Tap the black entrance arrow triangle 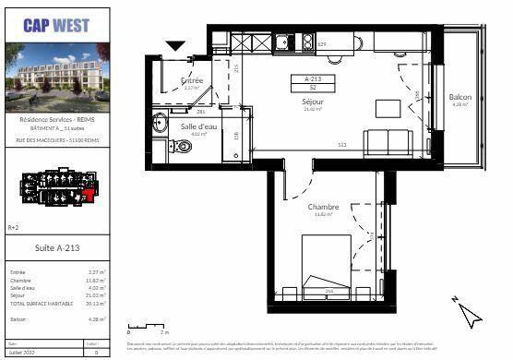pyautogui.click(x=175, y=45)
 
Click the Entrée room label pyautogui.click(x=192, y=81)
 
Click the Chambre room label pyautogui.click(x=324, y=208)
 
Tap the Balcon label pyautogui.click(x=459, y=98)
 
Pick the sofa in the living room pyautogui.click(x=387, y=143)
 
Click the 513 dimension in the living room pyautogui.click(x=341, y=146)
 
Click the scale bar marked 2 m pyautogui.click(x=147, y=326)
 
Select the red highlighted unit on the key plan pyautogui.click(x=89, y=195)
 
